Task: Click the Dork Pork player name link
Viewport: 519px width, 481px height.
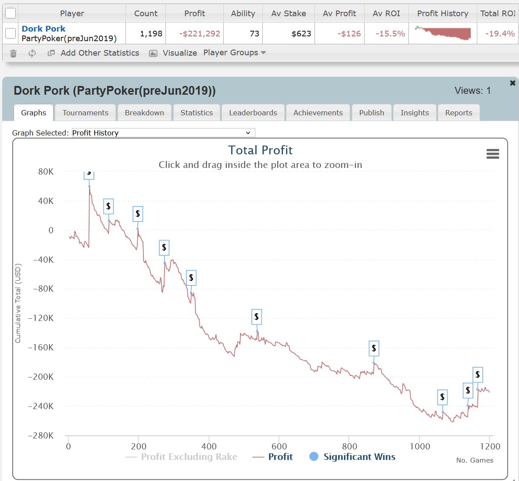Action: [x=43, y=29]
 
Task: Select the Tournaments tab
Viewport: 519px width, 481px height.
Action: [x=85, y=113]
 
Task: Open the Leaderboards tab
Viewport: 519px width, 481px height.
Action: [x=253, y=113]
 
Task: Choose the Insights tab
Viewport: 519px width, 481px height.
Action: [x=414, y=113]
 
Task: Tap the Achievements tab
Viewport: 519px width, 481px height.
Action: [x=318, y=113]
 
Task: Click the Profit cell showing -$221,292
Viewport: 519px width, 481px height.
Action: [x=200, y=34]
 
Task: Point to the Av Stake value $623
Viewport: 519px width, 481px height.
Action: [x=301, y=34]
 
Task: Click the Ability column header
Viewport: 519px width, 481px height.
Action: [x=243, y=14]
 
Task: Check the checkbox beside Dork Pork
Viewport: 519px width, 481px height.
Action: [x=11, y=33]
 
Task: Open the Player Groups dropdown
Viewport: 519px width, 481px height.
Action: [x=235, y=53]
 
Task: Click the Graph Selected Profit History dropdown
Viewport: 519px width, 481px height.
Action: [x=163, y=133]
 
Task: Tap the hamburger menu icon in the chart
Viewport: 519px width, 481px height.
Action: [x=493, y=154]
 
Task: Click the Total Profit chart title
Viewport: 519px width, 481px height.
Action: [x=260, y=150]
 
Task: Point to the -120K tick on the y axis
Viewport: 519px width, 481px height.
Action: [x=41, y=318]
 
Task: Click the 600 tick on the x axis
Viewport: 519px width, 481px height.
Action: [x=279, y=446]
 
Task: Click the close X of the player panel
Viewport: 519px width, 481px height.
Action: [x=512, y=83]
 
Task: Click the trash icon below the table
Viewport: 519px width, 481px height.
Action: [x=13, y=53]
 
